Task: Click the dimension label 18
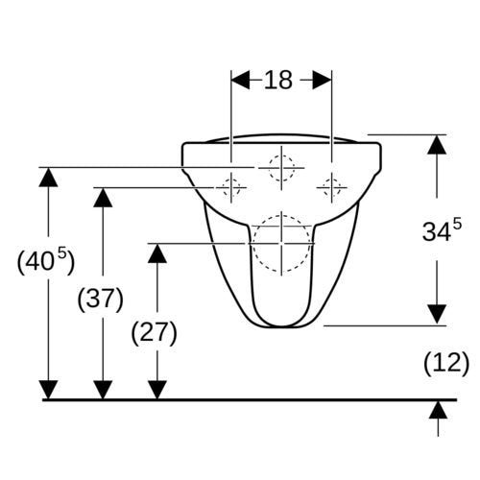pos(278,80)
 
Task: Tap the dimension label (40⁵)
pos(46,261)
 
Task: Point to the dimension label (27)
pos(155,333)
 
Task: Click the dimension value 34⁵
pos(442,229)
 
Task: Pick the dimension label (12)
pos(446,364)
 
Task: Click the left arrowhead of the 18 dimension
pos(240,80)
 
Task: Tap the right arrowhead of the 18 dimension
pos(323,80)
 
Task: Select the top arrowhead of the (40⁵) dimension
pos(48,178)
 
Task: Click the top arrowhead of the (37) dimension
pos(103,198)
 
